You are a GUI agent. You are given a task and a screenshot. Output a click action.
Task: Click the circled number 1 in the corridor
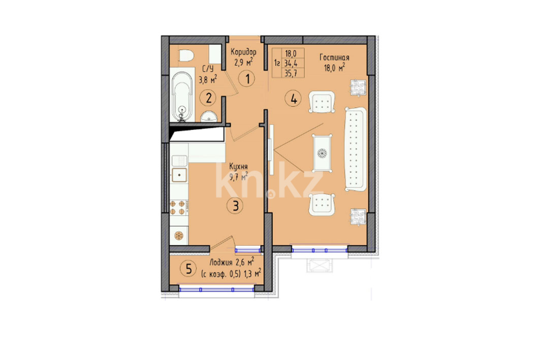click(247, 79)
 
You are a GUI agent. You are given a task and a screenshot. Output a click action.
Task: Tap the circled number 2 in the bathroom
click(208, 98)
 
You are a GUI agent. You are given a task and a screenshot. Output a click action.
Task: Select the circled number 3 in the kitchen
click(236, 206)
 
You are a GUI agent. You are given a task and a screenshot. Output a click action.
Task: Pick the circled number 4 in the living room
click(293, 99)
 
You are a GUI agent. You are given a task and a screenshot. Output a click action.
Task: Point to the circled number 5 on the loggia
click(188, 269)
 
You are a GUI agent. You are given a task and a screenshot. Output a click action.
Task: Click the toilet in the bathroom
click(186, 55)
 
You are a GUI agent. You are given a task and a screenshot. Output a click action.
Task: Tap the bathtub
click(182, 96)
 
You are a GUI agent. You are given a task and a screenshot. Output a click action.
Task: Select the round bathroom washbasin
click(209, 117)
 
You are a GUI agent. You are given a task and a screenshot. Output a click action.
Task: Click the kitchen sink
click(179, 175)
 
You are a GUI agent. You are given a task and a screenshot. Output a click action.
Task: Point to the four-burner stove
click(179, 208)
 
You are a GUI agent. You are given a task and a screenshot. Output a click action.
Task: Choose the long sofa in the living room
click(356, 149)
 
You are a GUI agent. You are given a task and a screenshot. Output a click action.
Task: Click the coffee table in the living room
click(323, 153)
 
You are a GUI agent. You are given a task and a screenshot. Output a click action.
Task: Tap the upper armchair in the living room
click(322, 102)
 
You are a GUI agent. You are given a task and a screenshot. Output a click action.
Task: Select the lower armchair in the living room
click(322, 205)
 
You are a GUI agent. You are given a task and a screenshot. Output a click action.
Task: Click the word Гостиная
click(334, 57)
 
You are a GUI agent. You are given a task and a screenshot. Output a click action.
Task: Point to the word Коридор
click(243, 52)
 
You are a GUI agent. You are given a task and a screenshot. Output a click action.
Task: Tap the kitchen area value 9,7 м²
click(238, 177)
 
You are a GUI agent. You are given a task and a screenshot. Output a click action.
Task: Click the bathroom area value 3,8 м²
click(208, 80)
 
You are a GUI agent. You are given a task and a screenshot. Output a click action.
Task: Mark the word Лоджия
click(221, 263)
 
